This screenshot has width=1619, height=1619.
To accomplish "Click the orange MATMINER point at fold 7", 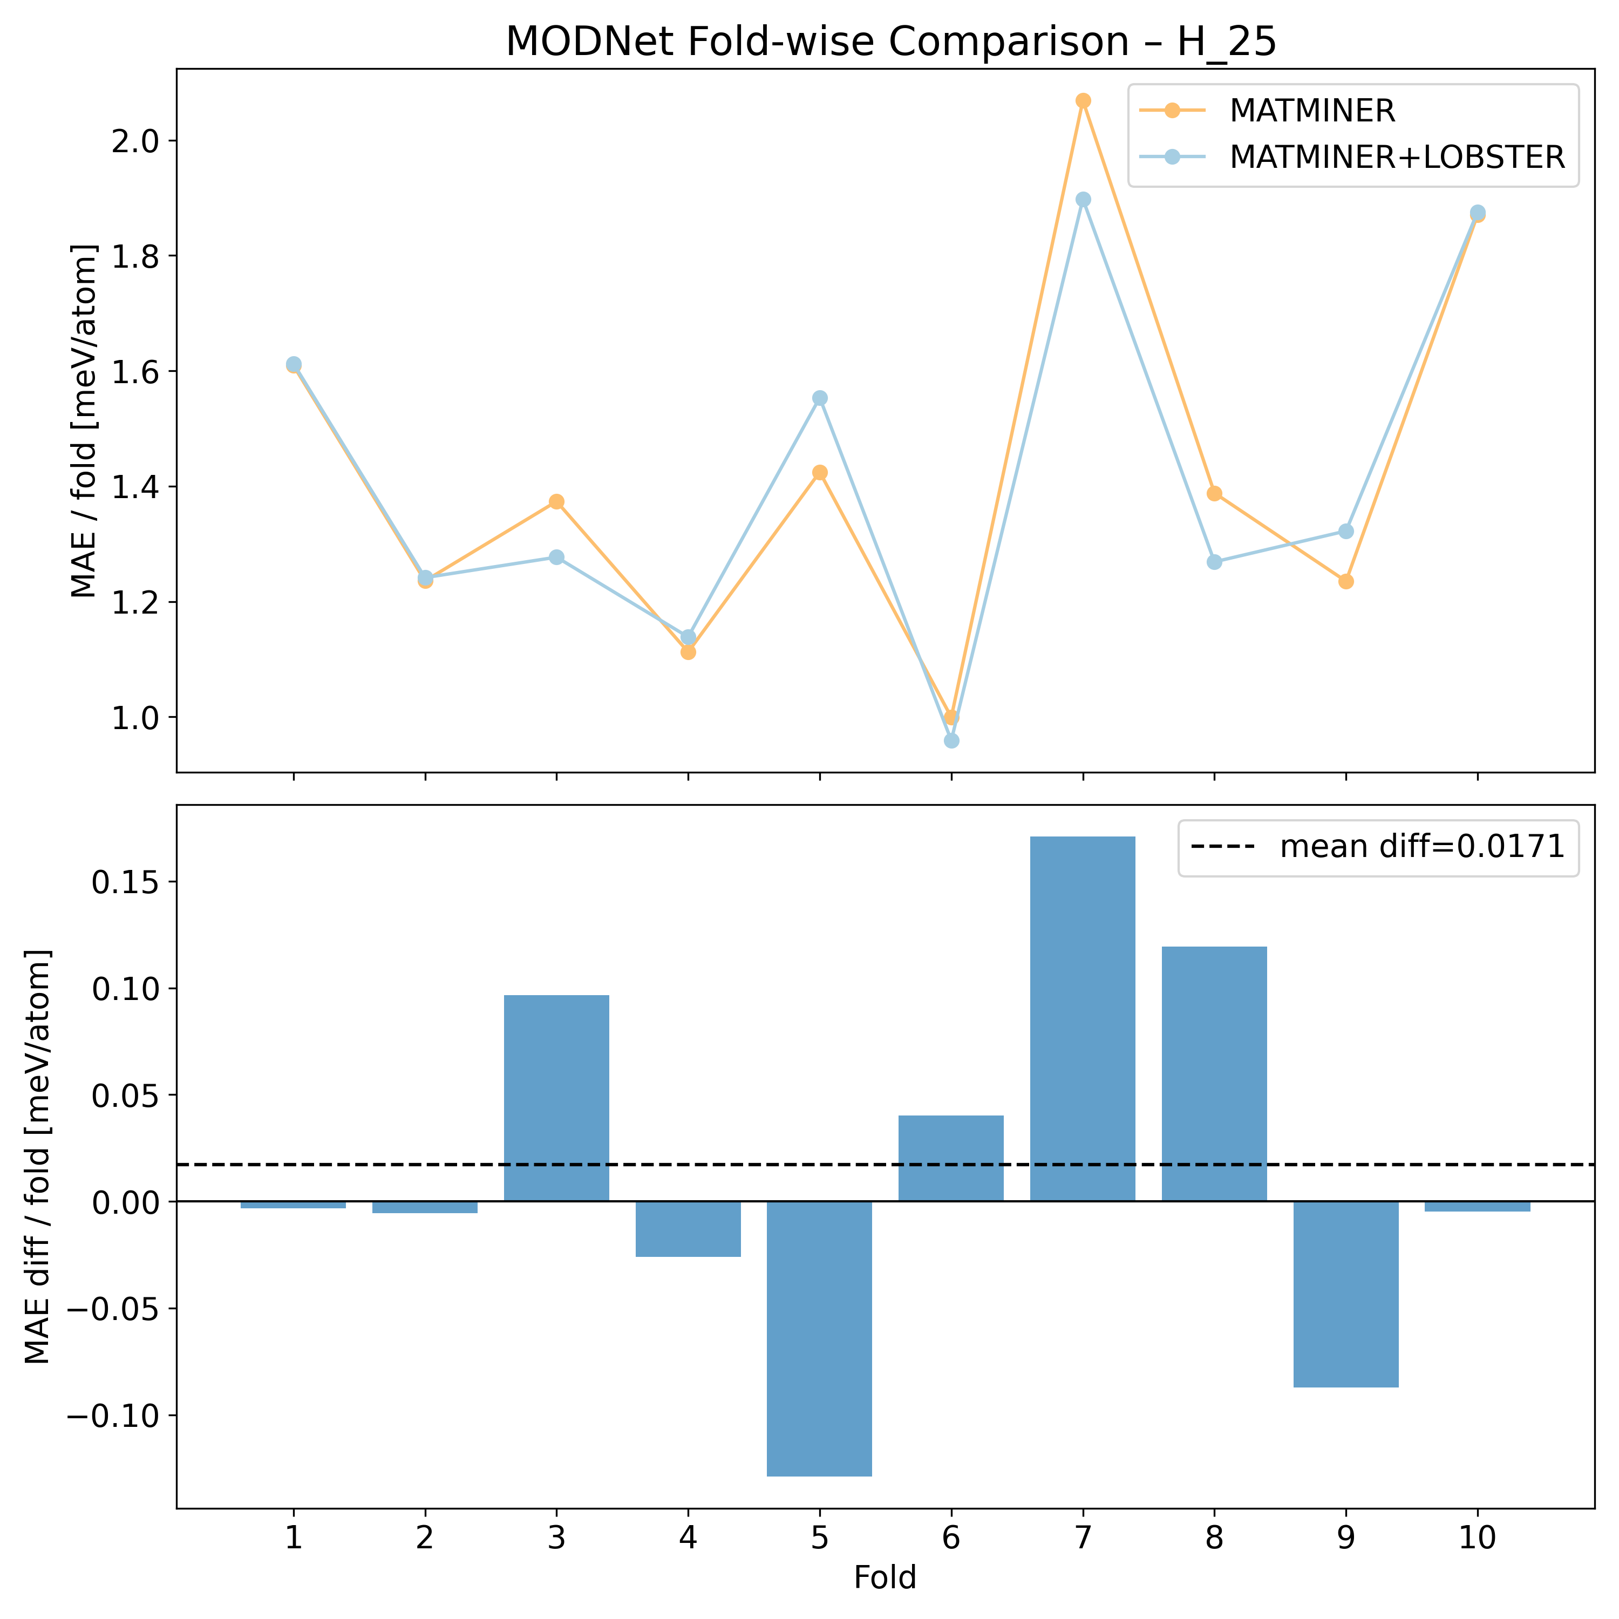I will pos(1083,100).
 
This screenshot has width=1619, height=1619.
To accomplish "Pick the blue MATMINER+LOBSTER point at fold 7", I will pos(1083,200).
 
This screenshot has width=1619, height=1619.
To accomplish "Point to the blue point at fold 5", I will pos(820,398).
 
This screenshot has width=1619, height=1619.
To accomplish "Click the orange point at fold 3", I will pos(556,502).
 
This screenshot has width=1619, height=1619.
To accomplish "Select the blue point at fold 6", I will pos(951,741).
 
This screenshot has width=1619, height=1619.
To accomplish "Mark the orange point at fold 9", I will pos(1346,582).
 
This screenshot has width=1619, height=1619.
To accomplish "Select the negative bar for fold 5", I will pos(820,1338).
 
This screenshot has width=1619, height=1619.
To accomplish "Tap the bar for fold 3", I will pos(556,1098).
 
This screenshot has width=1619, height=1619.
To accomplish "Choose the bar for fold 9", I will pos(1346,1294).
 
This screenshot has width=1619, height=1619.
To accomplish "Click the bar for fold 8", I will pos(1214,1073).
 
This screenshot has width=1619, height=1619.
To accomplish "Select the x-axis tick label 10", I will pos(1478,1539).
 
